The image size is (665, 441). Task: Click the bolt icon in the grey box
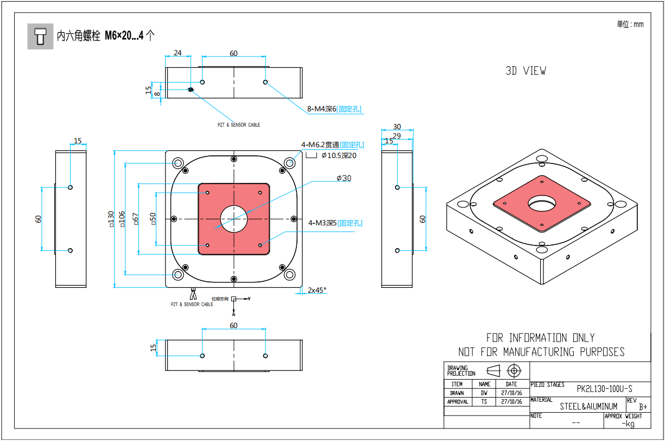pos(41,36)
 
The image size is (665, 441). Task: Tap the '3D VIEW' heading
pos(525,71)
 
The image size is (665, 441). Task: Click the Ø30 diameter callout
pos(344,178)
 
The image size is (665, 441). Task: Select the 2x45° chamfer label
pos(317,290)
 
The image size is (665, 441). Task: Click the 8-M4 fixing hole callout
pos(334,109)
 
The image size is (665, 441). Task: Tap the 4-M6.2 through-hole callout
pos(332,145)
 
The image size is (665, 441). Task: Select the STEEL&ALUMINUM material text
pos(588,406)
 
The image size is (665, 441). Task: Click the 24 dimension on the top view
pos(178,53)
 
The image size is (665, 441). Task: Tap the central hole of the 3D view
pos(542,203)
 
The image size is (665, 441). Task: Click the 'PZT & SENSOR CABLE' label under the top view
pos(238,125)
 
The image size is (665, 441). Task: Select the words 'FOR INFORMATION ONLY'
pos(540,338)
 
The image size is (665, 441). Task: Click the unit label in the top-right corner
pos(630,24)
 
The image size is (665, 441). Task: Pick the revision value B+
pos(643,406)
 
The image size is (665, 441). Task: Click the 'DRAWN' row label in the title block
pos(457,393)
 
